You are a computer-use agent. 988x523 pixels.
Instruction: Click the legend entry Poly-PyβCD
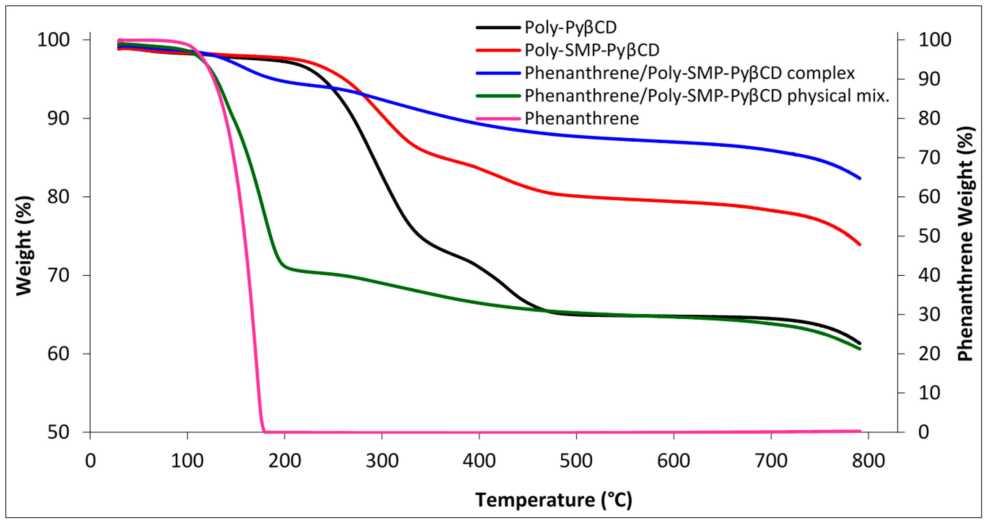(570, 27)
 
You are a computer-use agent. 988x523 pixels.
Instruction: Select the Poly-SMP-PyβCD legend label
(592, 50)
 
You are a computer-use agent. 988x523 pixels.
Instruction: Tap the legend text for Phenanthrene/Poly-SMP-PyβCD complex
(690, 73)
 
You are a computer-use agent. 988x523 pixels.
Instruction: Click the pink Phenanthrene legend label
(581, 118)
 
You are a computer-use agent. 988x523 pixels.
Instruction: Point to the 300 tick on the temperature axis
(382, 460)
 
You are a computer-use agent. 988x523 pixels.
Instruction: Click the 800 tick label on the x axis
(868, 460)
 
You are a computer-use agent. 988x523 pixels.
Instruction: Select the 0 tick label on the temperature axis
(90, 460)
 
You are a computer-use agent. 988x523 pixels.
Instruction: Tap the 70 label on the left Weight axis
(59, 275)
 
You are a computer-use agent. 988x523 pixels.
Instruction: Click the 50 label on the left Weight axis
(59, 432)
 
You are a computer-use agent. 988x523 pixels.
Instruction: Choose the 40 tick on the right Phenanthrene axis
(929, 275)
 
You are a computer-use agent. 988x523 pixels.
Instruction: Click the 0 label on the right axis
(924, 432)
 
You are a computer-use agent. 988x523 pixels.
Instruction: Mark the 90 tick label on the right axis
(929, 79)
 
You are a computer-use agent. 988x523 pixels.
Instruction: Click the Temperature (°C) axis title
(553, 500)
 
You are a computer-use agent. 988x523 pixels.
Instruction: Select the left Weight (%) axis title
(24, 245)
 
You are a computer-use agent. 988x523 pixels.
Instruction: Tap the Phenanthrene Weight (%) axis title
(966, 244)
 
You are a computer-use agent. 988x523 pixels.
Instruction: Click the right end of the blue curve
(860, 178)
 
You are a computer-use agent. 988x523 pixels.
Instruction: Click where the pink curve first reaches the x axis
(264, 431)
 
